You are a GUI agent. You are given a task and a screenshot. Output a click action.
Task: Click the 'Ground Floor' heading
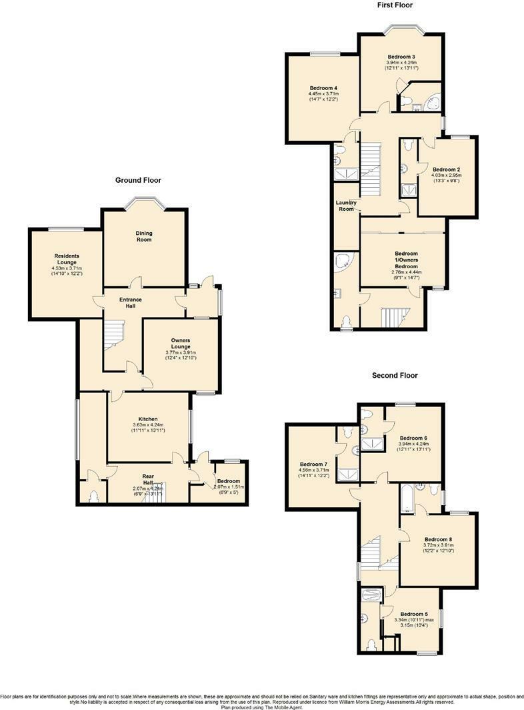tap(138, 180)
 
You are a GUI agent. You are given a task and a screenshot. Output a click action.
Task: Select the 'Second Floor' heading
tap(395, 376)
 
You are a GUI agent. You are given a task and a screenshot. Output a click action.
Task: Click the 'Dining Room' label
tap(145, 236)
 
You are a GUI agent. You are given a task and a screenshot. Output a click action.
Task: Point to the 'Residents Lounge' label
tap(66, 260)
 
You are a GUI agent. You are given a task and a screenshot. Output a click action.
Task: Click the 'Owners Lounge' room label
tap(181, 344)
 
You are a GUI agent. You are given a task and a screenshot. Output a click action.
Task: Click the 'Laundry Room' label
tap(345, 206)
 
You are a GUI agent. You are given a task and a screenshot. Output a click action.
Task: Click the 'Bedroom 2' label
tap(447, 169)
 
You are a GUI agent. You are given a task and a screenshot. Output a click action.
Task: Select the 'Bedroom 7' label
tap(313, 464)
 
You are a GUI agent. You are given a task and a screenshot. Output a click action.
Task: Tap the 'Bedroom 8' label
tap(438, 539)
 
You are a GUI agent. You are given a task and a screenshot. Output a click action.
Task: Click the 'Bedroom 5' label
tap(414, 614)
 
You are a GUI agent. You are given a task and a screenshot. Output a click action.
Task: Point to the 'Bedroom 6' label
tap(414, 438)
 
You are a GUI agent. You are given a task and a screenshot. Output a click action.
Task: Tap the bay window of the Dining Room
tap(144, 201)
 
